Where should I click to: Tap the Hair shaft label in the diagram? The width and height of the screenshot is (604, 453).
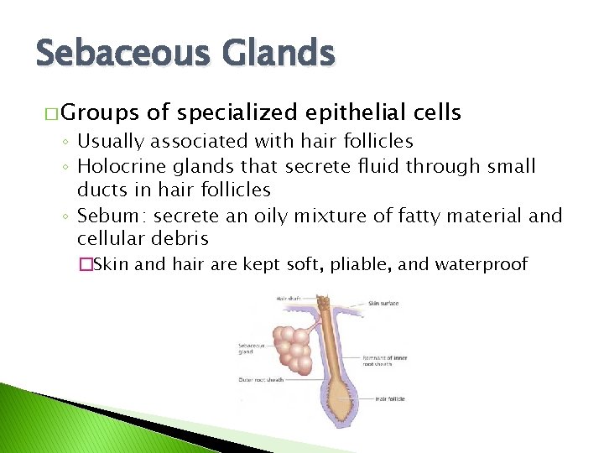(x=289, y=297)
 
